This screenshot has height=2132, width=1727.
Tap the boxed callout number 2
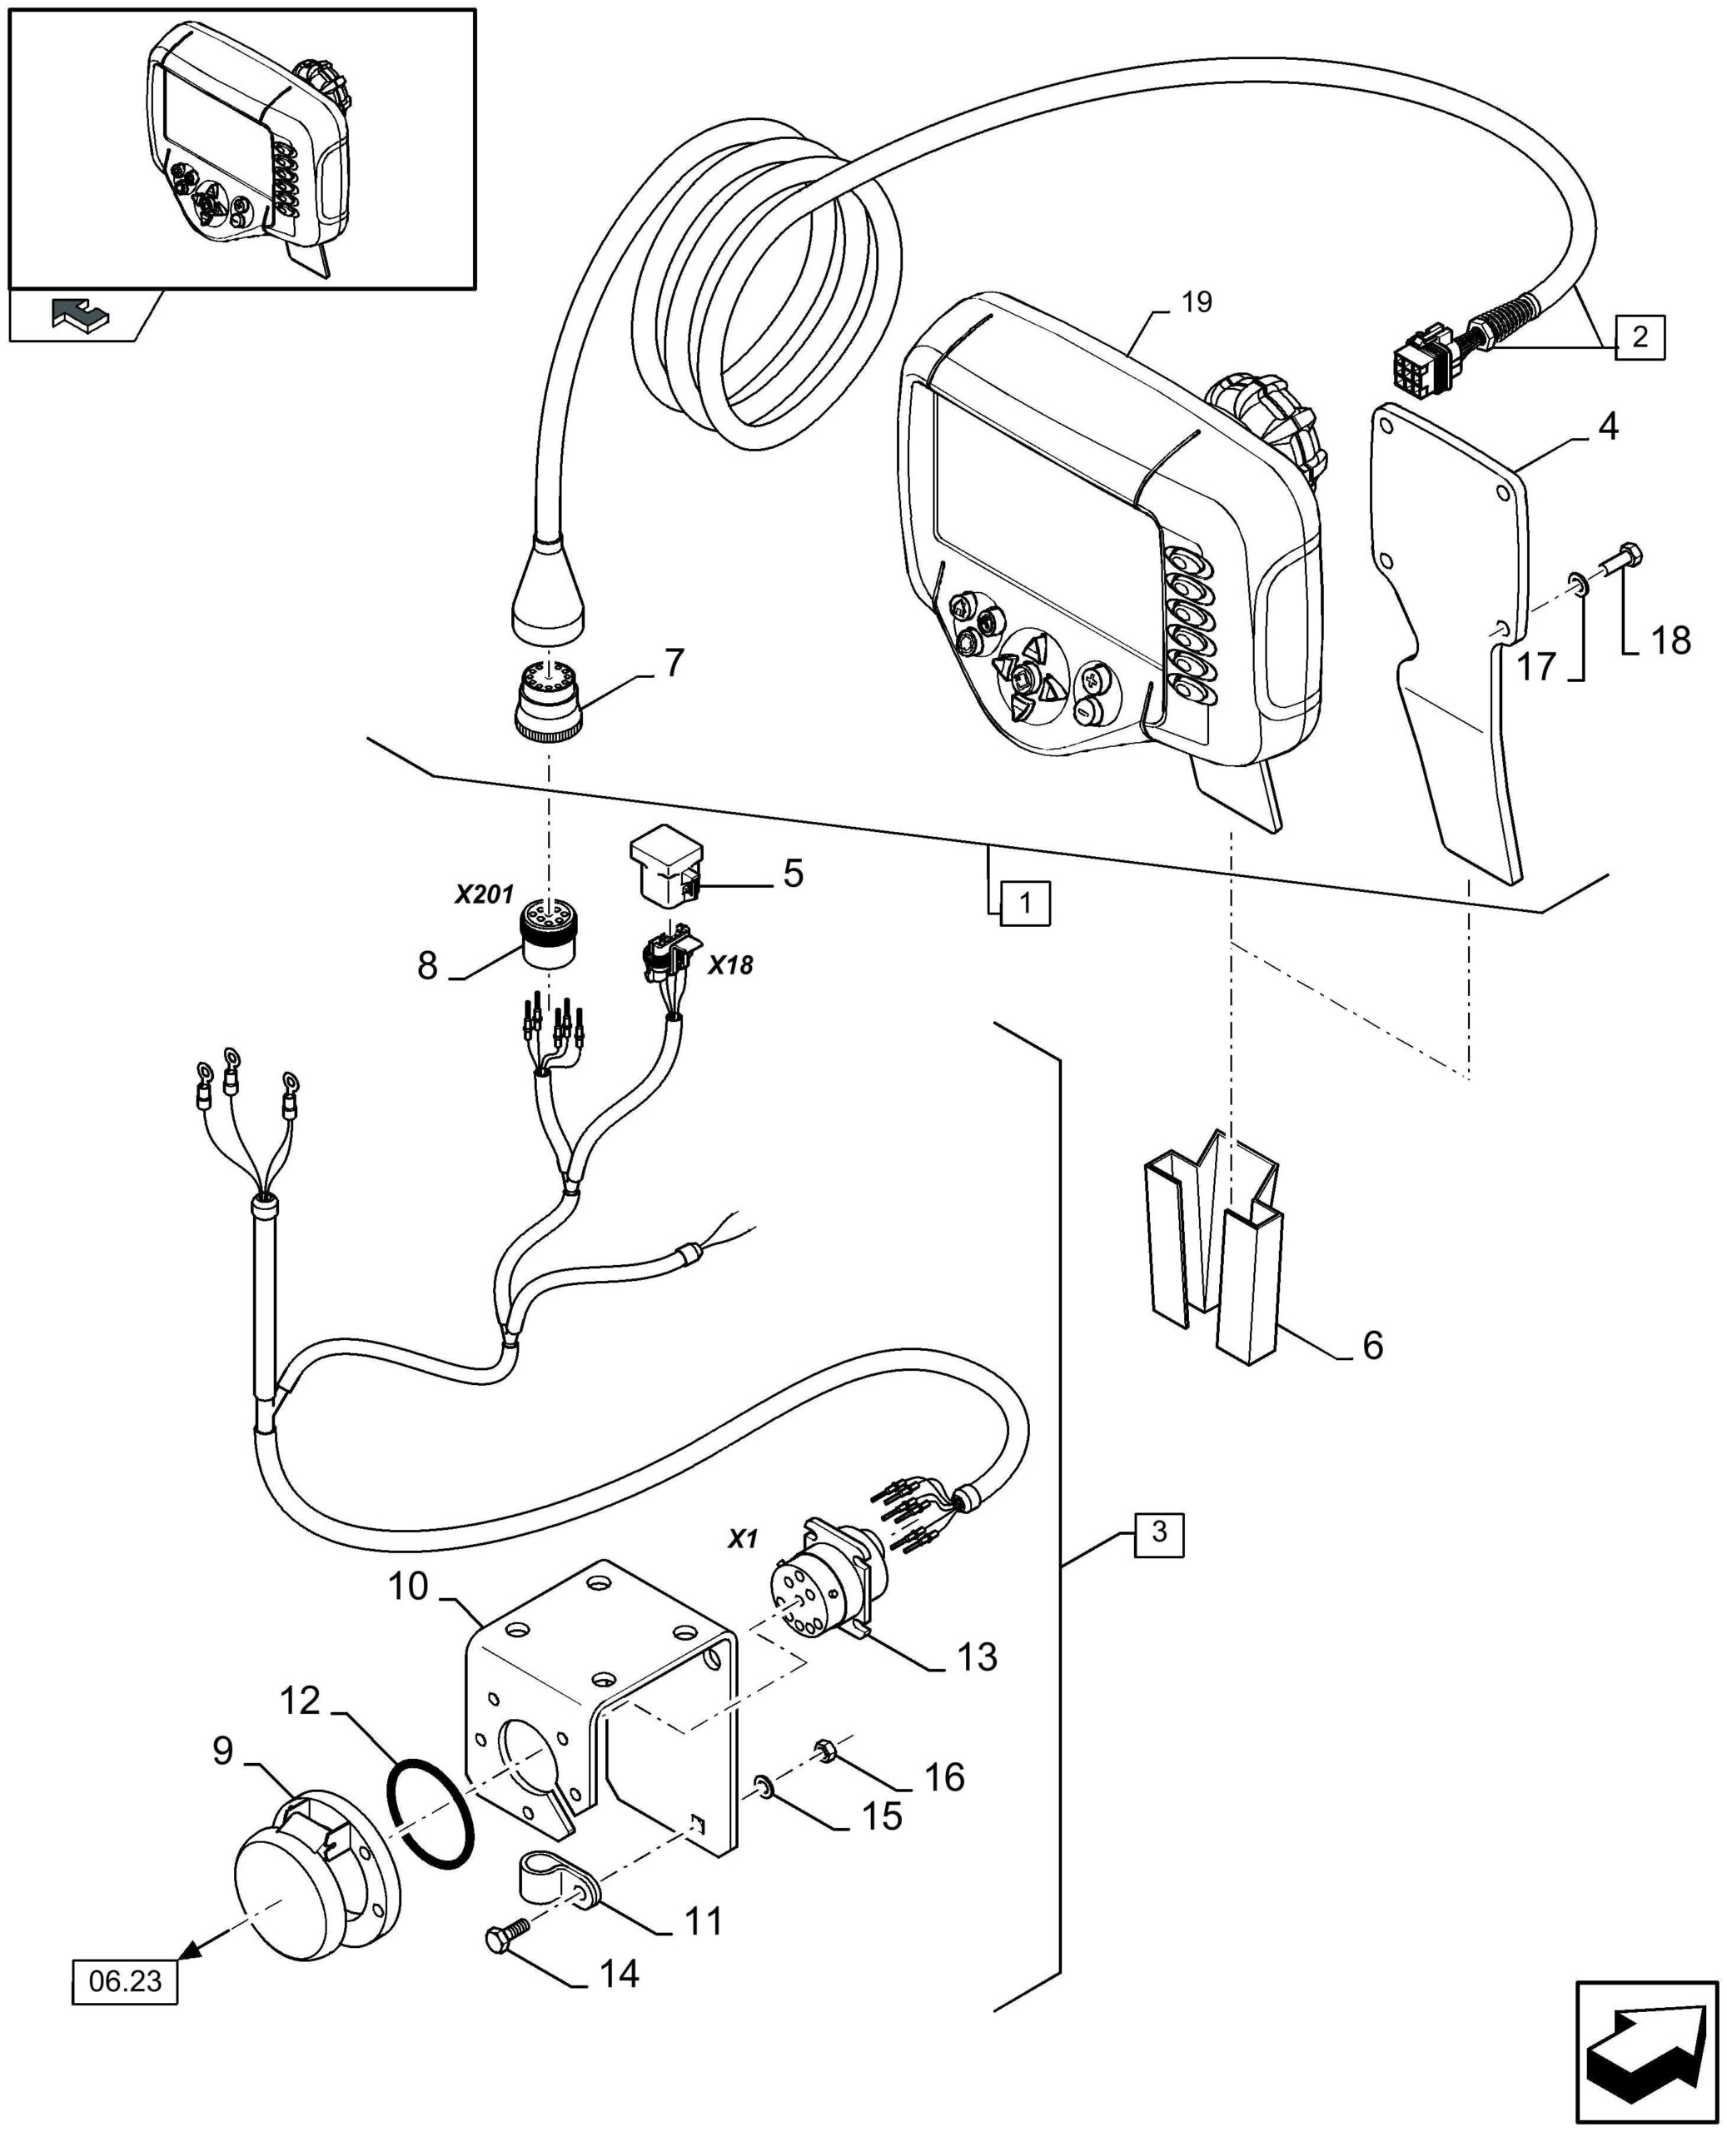click(1640, 337)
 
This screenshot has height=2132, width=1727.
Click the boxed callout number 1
click(1025, 904)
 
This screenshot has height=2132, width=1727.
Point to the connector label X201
click(484, 894)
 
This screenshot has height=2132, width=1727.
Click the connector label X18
click(730, 965)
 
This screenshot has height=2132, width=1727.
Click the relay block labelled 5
click(666, 869)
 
